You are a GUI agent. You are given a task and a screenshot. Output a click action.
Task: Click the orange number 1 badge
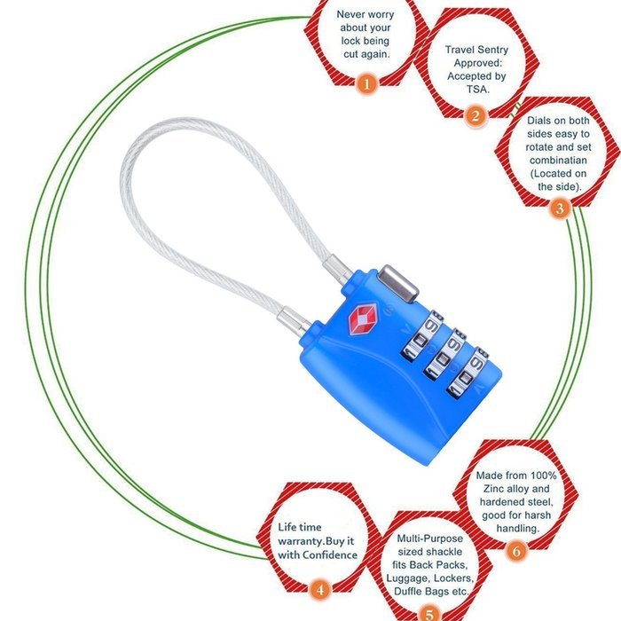366,84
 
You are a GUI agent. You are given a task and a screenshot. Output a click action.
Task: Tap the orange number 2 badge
476,116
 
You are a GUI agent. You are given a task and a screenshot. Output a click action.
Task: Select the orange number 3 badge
560,208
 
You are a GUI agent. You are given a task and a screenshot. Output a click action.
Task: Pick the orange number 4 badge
320,590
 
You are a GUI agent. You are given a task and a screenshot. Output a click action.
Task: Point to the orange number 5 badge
429,614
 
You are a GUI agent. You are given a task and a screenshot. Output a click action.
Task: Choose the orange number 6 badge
516,551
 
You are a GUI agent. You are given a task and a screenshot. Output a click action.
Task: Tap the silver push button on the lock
398,284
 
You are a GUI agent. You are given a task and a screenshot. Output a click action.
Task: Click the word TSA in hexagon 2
478,89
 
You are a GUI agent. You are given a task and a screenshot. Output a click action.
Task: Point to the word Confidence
330,554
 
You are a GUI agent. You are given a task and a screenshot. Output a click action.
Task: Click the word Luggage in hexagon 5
408,578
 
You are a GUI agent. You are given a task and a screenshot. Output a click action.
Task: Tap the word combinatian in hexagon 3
558,161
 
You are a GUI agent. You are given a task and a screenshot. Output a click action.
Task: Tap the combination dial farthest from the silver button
467,373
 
